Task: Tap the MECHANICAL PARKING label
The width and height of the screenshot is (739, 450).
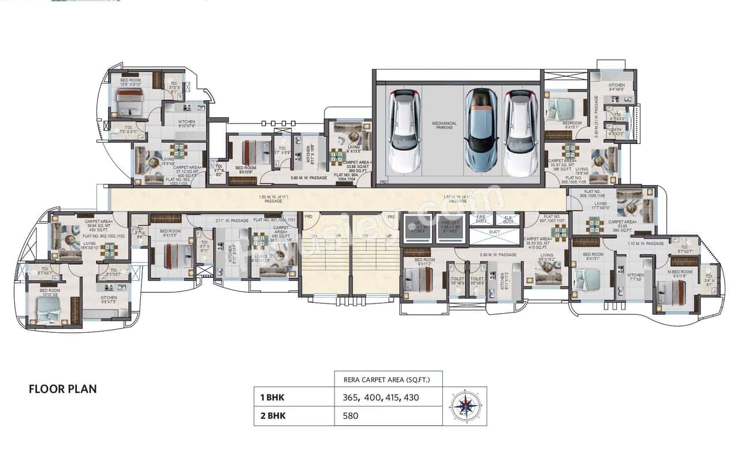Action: pyautogui.click(x=445, y=125)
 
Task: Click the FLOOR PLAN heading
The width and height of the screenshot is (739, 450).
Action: pyautogui.click(x=62, y=389)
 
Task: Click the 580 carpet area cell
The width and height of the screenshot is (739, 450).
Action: pyautogui.click(x=350, y=415)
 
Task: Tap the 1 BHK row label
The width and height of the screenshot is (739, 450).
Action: pyautogui.click(x=273, y=397)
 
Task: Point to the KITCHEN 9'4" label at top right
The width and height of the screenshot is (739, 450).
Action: pyautogui.click(x=617, y=87)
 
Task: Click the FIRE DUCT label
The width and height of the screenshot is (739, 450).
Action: pyautogui.click(x=481, y=219)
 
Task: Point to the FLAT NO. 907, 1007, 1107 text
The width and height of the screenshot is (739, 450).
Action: pyautogui.click(x=553, y=219)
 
